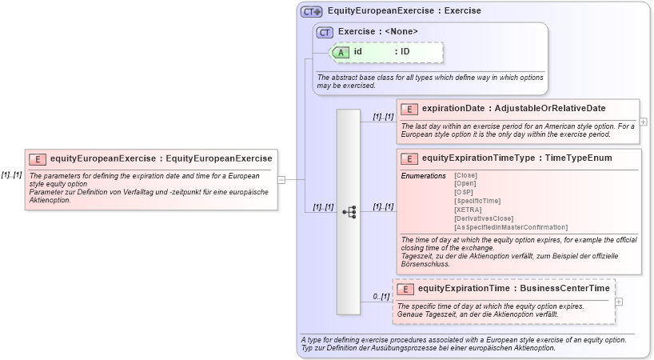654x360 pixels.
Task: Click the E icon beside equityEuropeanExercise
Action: tap(38, 158)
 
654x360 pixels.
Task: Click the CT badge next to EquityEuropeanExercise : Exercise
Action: tap(311, 11)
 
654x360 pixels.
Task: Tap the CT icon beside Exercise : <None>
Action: tap(325, 32)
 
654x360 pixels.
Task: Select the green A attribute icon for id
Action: tap(341, 52)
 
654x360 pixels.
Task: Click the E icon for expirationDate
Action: tap(409, 109)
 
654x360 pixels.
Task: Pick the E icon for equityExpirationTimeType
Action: tap(409, 158)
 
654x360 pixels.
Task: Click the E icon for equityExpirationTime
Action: tap(405, 289)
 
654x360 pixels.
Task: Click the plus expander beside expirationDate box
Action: tap(643, 122)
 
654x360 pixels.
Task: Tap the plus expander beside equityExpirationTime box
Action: tap(619, 302)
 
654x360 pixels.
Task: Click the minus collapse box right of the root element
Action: tap(281, 180)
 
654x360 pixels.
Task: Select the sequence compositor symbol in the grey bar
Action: tap(349, 212)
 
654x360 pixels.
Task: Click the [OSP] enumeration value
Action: tap(463, 192)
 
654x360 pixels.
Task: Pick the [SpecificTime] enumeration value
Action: tap(477, 201)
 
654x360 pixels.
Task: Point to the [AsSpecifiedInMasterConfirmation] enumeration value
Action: tap(510, 227)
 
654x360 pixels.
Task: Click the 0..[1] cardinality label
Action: tap(381, 297)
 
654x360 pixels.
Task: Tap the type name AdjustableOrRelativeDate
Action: tap(549, 109)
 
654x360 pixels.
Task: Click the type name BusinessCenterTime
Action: tap(564, 289)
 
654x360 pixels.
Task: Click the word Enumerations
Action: tap(423, 175)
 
